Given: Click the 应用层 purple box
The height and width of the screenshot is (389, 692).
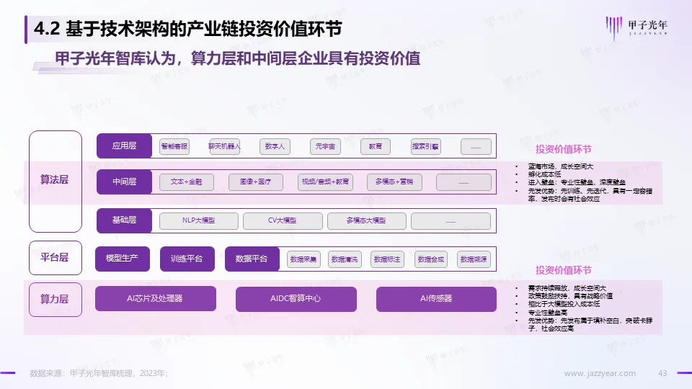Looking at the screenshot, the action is [x=124, y=146].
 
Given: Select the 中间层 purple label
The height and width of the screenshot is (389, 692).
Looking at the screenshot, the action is [x=124, y=182].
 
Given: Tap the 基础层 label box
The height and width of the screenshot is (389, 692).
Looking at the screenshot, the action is [x=124, y=220].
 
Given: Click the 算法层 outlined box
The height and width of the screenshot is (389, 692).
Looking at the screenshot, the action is [x=56, y=179].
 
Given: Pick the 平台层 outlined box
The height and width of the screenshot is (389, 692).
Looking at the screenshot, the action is [x=56, y=258].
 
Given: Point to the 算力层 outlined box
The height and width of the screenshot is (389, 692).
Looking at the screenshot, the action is [x=56, y=299].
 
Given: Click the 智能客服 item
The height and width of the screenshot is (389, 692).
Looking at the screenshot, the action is [x=174, y=146].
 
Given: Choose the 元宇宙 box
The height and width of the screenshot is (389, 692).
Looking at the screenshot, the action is [x=324, y=146].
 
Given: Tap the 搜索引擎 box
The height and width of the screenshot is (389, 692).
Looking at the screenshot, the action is [x=425, y=146].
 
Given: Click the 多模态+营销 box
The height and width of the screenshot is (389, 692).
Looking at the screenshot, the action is [x=395, y=182].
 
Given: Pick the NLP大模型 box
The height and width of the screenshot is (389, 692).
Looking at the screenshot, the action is [x=198, y=220].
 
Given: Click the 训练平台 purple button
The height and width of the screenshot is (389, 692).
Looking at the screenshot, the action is [x=187, y=259].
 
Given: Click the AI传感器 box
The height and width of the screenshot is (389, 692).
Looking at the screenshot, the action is [x=436, y=299].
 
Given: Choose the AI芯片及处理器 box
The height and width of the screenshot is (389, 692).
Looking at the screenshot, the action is [x=155, y=299].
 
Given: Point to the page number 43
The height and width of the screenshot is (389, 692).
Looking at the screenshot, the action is [x=662, y=373].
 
